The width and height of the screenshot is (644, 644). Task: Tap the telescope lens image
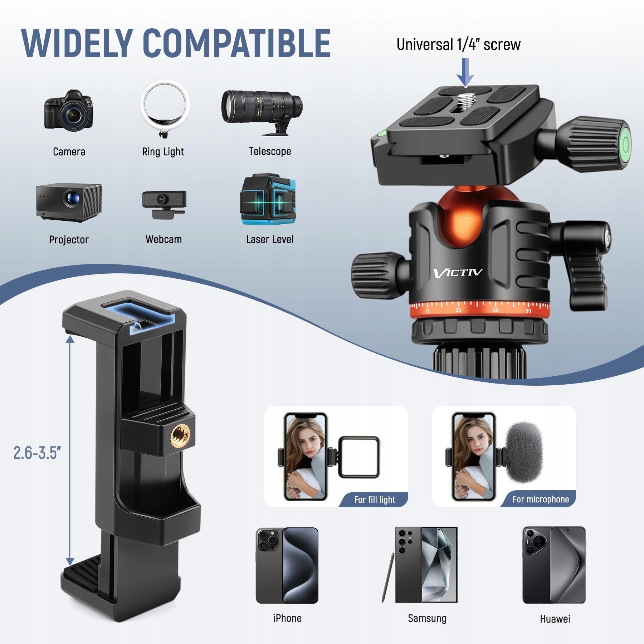tap(262, 112)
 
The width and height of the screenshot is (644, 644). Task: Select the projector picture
tap(69, 203)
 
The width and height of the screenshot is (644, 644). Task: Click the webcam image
tap(164, 204)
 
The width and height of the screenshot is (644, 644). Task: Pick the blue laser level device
tap(268, 200)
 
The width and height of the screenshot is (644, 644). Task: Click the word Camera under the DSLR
tap(69, 152)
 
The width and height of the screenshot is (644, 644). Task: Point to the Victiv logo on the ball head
tap(458, 273)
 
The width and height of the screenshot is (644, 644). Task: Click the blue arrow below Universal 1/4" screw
tap(465, 73)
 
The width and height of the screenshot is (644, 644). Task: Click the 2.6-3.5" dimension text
tap(37, 453)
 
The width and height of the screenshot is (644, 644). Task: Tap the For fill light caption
tap(375, 499)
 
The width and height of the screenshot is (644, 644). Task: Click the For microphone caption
tap(541, 499)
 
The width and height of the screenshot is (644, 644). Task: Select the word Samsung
tap(427, 618)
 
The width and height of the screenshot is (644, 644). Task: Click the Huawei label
tap(555, 619)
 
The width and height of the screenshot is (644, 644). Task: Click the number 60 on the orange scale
tap(496, 310)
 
